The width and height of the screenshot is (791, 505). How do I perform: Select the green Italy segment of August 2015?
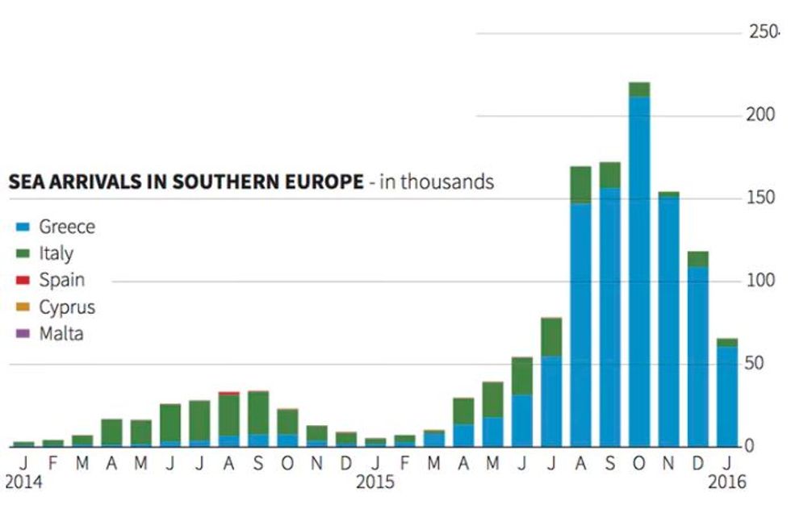pyautogui.click(x=580, y=185)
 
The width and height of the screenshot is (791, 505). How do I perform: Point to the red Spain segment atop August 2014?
pyautogui.click(x=228, y=393)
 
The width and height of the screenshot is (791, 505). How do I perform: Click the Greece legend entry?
pyautogui.click(x=66, y=227)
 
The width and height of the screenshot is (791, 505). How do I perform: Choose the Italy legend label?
pyautogui.click(x=56, y=253)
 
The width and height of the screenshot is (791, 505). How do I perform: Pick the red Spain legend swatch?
pyautogui.click(x=23, y=281)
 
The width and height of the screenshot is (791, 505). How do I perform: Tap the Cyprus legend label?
pyautogui.click(x=67, y=307)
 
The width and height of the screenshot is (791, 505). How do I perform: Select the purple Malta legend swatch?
pyautogui.click(x=23, y=333)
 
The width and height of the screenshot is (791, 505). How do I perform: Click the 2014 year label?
pyautogui.click(x=23, y=482)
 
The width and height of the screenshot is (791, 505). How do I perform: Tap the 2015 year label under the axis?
pyautogui.click(x=375, y=482)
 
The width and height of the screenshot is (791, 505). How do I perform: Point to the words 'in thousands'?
pyautogui.click(x=437, y=182)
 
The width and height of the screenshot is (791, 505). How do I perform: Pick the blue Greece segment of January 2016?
pyautogui.click(x=727, y=396)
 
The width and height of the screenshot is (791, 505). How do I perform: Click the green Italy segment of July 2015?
pyautogui.click(x=551, y=336)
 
